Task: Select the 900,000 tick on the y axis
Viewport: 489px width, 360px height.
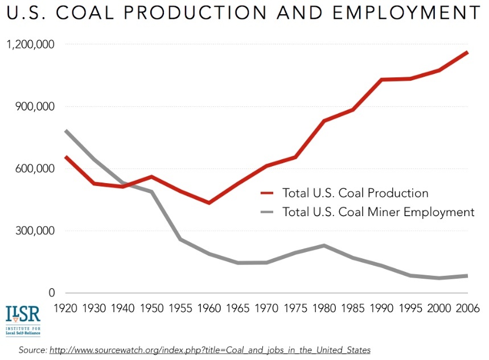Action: click(x=35, y=107)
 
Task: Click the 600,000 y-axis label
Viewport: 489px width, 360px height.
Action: click(x=35, y=169)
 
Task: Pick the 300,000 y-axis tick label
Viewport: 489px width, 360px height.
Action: click(x=35, y=231)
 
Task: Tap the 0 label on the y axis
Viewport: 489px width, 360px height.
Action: click(x=51, y=293)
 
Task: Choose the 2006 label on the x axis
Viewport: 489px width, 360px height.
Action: click(x=467, y=309)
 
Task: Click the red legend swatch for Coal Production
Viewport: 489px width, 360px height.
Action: click(x=268, y=193)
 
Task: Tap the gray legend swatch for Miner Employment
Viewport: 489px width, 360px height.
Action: click(x=268, y=212)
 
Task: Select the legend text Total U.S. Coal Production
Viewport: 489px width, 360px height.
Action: click(x=355, y=193)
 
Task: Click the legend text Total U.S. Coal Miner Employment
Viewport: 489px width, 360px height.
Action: click(x=378, y=212)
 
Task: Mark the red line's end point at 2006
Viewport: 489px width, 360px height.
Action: click(x=467, y=52)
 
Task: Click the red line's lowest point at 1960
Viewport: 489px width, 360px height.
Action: click(x=209, y=202)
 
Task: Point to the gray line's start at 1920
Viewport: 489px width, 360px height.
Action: click(x=66, y=131)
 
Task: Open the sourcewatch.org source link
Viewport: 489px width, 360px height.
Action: click(x=210, y=349)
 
